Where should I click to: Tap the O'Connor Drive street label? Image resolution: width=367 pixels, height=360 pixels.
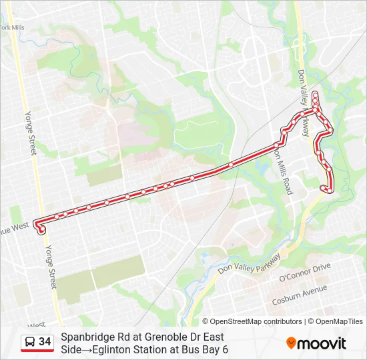coord(304,272)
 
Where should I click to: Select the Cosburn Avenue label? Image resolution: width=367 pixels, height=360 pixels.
coord(300,293)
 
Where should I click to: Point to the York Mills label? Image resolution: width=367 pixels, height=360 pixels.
coord(12,27)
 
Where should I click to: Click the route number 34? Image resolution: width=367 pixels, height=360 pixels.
coord(45,342)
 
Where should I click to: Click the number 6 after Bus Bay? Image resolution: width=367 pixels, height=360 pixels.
coord(225,349)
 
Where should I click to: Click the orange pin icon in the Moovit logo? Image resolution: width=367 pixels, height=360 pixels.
coord(291,343)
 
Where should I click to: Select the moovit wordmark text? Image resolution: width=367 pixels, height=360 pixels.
coord(322,343)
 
